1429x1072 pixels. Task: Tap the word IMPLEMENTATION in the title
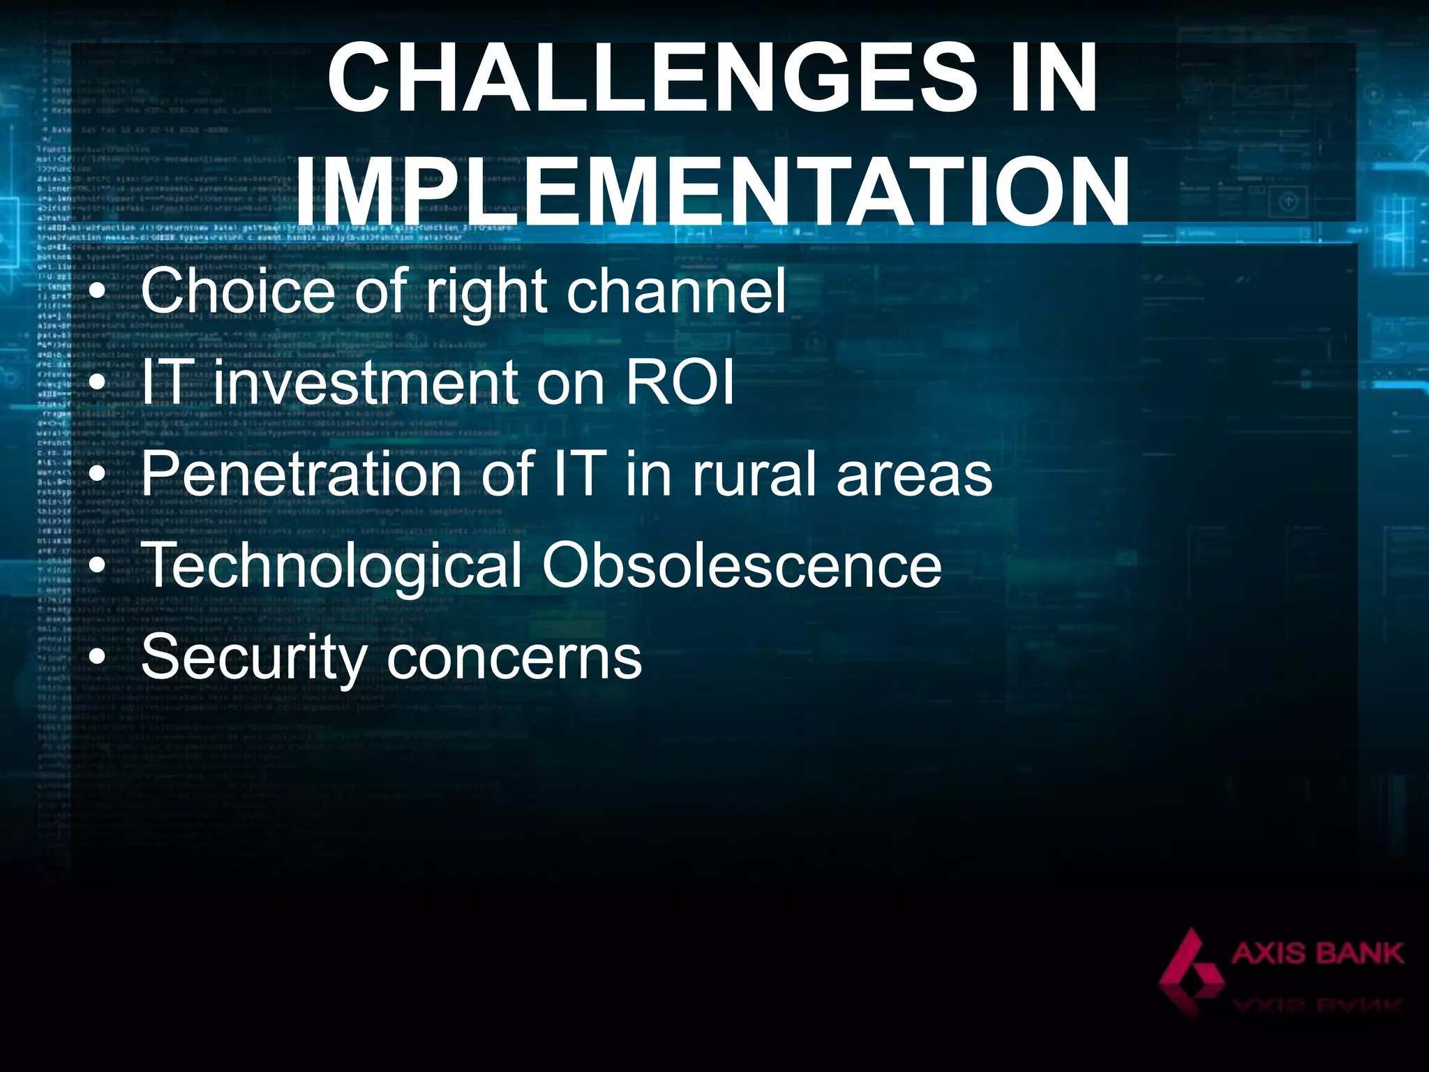point(712,191)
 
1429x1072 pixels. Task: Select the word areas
point(914,475)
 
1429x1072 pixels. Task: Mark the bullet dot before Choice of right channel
point(99,292)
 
